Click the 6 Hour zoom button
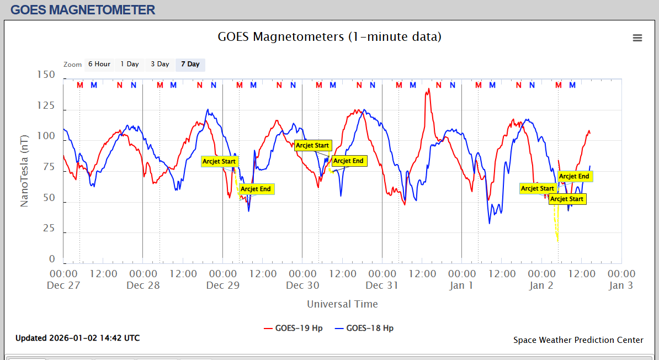click(x=99, y=64)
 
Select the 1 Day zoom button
click(x=130, y=64)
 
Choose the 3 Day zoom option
click(x=160, y=64)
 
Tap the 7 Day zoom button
click(x=190, y=64)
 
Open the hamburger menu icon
click(x=637, y=38)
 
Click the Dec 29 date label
click(x=222, y=285)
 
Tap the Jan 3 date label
click(x=621, y=285)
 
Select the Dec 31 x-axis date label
click(x=382, y=285)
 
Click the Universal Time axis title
click(x=342, y=304)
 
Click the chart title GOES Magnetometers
click(x=329, y=37)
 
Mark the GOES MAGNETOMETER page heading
click(x=83, y=9)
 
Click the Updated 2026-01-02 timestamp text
click(x=77, y=338)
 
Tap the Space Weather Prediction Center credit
click(x=578, y=340)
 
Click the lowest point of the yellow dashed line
click(x=557, y=241)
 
